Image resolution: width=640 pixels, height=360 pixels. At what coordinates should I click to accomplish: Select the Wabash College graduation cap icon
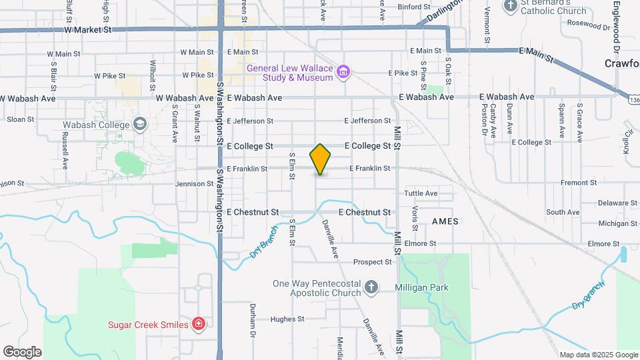point(140,123)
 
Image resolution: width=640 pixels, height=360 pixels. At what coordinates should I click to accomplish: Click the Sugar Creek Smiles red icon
point(198,325)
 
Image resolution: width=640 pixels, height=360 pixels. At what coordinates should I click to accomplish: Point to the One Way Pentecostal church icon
point(371,288)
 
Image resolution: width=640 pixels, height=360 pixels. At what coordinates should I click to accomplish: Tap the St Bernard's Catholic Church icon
point(511,7)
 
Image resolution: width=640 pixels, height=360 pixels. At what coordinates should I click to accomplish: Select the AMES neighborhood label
point(445,221)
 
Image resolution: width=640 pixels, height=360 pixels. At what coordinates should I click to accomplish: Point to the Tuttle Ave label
point(421,193)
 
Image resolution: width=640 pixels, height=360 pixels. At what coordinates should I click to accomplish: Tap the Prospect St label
point(372,262)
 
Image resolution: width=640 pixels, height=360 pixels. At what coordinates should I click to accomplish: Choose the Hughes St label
point(287,319)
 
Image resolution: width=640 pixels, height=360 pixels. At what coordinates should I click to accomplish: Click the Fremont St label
point(578,182)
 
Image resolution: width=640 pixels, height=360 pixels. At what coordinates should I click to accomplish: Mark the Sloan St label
point(20,120)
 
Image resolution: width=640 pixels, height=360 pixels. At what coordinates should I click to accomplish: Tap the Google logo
point(22,351)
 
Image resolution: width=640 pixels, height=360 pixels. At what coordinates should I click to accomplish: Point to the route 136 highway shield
point(633,99)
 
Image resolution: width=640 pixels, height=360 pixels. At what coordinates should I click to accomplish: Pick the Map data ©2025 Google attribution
point(598,355)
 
